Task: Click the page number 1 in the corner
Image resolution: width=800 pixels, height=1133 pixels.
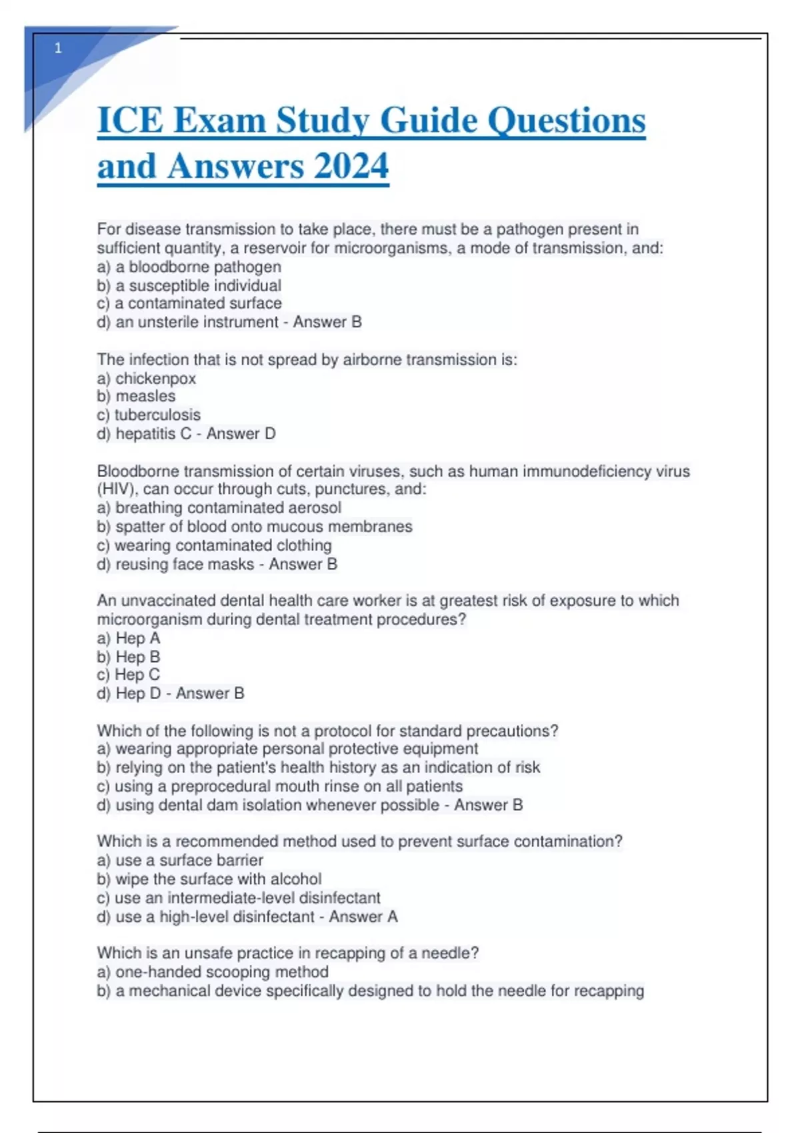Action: (x=58, y=48)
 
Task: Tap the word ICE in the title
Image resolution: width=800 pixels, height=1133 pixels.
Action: (x=130, y=121)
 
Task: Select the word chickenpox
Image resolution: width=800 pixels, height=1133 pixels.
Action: (x=155, y=379)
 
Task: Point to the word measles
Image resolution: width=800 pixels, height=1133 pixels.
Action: (x=145, y=397)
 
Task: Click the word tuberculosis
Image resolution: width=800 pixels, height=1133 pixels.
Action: (x=157, y=415)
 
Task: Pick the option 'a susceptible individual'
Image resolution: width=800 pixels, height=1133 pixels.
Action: (x=197, y=285)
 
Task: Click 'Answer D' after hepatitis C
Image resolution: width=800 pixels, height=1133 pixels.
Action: (x=241, y=434)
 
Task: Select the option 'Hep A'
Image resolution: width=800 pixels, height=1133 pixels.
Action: (x=137, y=638)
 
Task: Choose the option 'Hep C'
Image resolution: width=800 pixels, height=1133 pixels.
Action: (x=137, y=675)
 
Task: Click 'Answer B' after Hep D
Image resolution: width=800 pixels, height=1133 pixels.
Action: (x=210, y=694)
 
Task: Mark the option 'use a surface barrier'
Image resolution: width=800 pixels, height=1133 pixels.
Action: (x=189, y=860)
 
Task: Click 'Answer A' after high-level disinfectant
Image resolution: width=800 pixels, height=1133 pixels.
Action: (x=363, y=917)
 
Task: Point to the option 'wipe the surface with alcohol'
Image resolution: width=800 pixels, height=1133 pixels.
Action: (x=218, y=879)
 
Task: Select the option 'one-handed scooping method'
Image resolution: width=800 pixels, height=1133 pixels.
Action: (x=221, y=972)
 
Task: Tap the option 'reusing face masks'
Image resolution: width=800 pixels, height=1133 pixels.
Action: (x=184, y=565)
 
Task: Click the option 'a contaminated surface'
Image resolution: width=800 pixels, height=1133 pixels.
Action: (x=198, y=303)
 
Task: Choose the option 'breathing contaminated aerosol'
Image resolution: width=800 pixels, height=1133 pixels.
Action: (x=228, y=508)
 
